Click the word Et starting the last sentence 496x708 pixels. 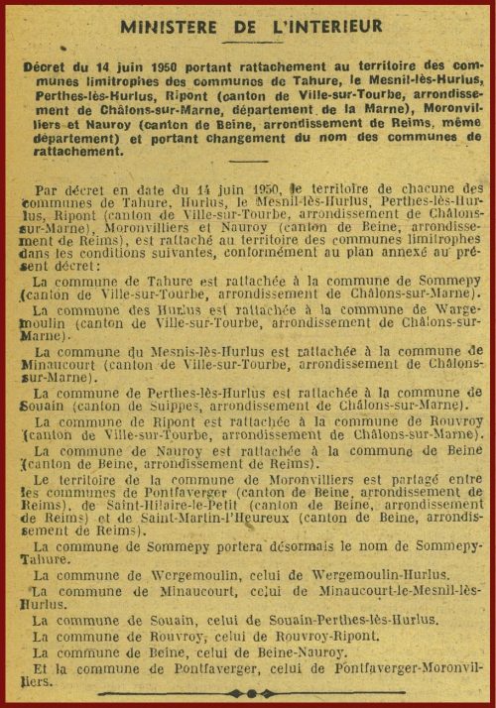[x=41, y=667]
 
